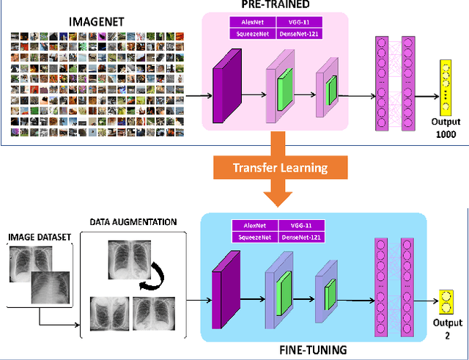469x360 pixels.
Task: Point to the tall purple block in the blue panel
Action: click(217, 295)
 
